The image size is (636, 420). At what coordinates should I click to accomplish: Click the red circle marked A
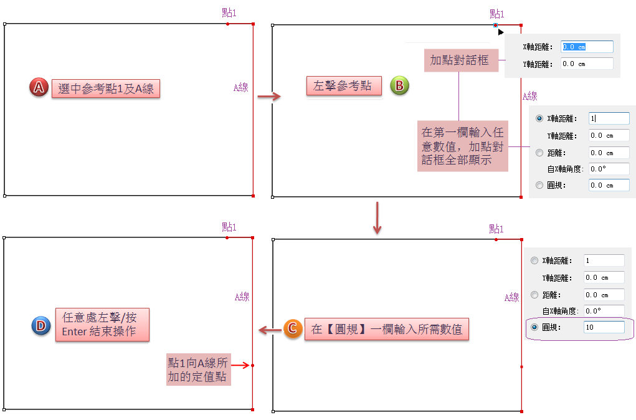[x=39, y=87]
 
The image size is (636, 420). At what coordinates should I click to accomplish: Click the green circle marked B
[x=399, y=85]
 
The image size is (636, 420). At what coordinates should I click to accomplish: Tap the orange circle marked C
[x=293, y=329]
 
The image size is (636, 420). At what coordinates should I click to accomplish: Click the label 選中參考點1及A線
[x=105, y=88]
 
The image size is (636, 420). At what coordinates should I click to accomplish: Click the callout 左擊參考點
[x=343, y=86]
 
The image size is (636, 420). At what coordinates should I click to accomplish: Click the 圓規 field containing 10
[x=604, y=327]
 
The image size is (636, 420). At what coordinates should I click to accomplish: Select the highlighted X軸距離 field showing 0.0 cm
[x=587, y=47]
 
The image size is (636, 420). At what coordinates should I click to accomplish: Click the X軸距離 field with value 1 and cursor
[x=609, y=118]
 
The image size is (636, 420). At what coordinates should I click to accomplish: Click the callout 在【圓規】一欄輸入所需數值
[x=386, y=330]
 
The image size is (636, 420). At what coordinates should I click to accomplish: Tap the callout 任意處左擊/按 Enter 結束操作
[x=102, y=324]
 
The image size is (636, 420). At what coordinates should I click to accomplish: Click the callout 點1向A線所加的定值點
[x=198, y=370]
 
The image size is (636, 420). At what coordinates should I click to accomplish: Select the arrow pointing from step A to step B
[x=269, y=95]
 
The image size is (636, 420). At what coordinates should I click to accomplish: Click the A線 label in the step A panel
[x=240, y=88]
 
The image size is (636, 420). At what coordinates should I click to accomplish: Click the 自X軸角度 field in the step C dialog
[x=604, y=311]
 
